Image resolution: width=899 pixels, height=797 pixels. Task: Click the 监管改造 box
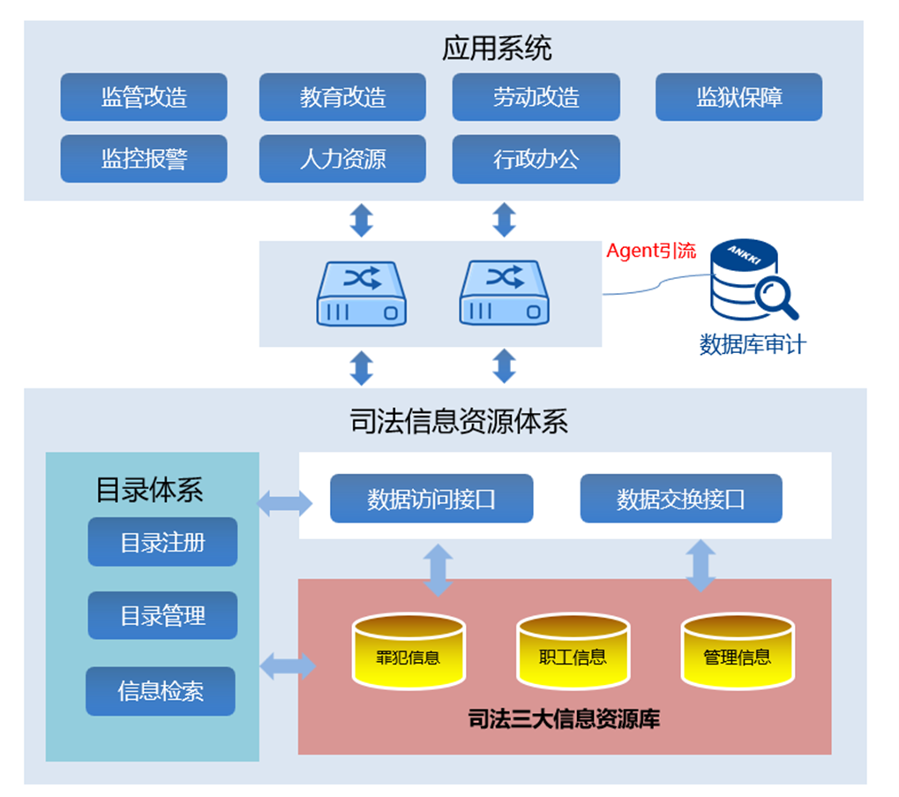click(144, 97)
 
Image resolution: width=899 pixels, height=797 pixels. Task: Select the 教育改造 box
click(342, 97)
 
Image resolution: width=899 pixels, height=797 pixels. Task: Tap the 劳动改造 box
click(536, 97)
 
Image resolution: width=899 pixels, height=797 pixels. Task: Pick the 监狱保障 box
click(738, 97)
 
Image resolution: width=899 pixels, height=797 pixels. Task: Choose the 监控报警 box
click(144, 159)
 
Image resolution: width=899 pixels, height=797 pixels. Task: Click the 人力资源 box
click(342, 159)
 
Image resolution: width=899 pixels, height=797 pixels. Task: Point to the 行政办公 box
click(536, 159)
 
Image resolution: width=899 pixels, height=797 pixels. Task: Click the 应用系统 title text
click(497, 49)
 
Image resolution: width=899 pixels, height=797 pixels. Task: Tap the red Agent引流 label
click(651, 251)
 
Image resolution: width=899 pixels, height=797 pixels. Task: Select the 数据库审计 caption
click(752, 344)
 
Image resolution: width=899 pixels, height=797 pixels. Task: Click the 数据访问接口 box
click(431, 499)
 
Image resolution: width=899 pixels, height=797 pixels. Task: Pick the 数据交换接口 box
click(681, 499)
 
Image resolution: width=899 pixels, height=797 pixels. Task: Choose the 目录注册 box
click(162, 542)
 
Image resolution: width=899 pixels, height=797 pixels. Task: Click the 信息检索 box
click(161, 691)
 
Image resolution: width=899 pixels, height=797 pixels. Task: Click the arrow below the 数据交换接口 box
click(701, 566)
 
